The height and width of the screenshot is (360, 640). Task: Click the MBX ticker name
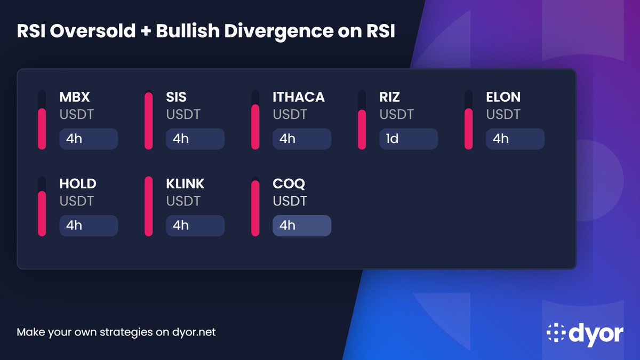pyautogui.click(x=74, y=98)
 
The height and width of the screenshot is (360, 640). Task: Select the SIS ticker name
pyautogui.click(x=177, y=98)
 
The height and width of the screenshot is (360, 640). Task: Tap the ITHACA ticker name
pyautogui.click(x=299, y=98)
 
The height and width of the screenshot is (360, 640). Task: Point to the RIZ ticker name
pyautogui.click(x=390, y=98)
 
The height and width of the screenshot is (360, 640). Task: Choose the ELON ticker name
pyautogui.click(x=503, y=98)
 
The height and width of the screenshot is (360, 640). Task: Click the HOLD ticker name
pyautogui.click(x=78, y=184)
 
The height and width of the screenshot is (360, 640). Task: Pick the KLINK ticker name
pyautogui.click(x=186, y=184)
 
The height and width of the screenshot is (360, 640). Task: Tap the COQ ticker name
pyautogui.click(x=289, y=184)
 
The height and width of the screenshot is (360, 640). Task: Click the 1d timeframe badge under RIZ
pyautogui.click(x=409, y=139)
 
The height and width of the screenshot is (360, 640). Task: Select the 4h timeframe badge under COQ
pyautogui.click(x=302, y=225)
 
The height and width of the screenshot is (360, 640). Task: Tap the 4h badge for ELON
pyautogui.click(x=515, y=139)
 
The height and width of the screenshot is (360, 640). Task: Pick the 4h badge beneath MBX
pyautogui.click(x=89, y=139)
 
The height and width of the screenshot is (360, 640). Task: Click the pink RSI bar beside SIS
pyautogui.click(x=148, y=121)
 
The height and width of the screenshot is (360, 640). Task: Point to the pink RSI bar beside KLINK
pyautogui.click(x=148, y=207)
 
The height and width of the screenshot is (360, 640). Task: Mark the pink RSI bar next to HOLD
pyautogui.click(x=42, y=213)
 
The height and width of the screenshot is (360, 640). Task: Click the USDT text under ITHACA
pyautogui.click(x=290, y=114)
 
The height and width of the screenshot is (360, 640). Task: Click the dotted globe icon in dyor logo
pyautogui.click(x=556, y=333)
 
